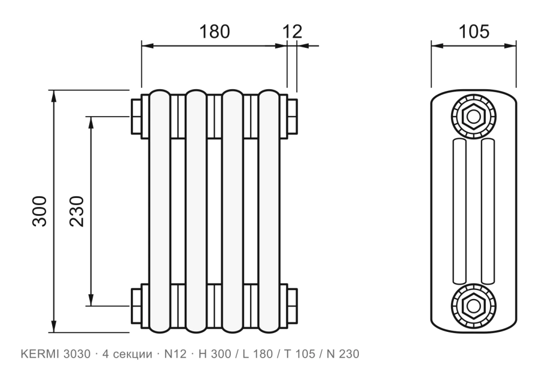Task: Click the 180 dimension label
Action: pos(214,32)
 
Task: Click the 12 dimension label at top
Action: pos(292,32)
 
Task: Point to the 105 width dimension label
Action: pos(474,32)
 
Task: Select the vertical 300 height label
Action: pos(39,211)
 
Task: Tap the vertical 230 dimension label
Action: pos(77,211)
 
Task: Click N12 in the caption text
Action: pos(175,354)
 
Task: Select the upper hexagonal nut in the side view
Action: pos(474,117)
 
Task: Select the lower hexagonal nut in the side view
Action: pos(474,306)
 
